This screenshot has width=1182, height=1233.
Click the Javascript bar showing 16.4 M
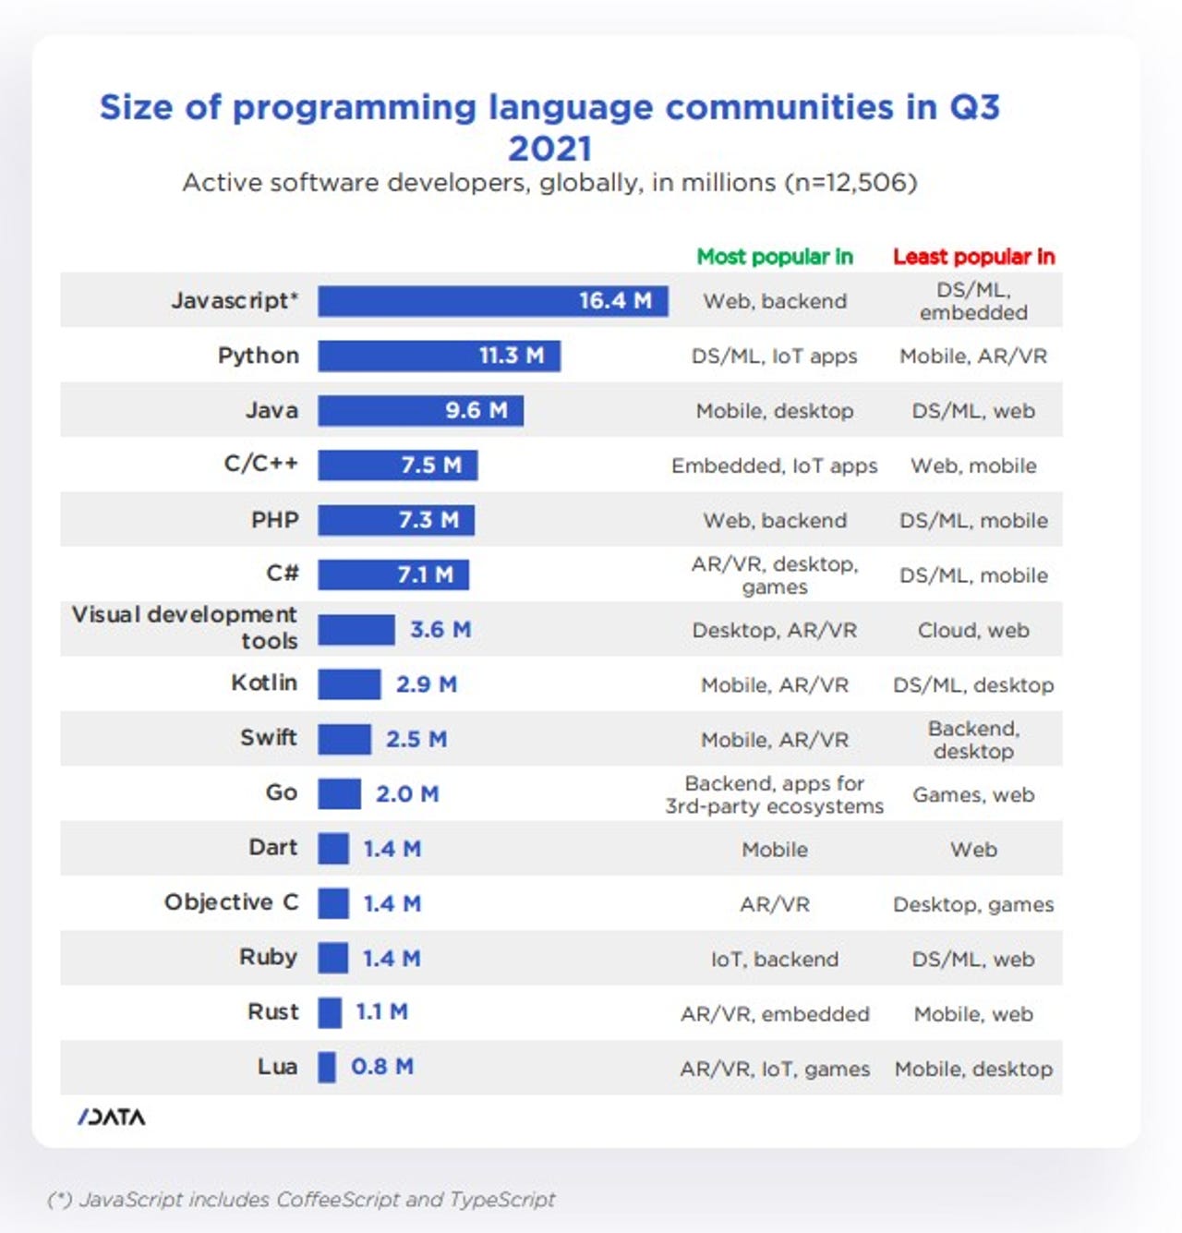click(x=492, y=301)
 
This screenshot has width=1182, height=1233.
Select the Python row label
click(x=259, y=356)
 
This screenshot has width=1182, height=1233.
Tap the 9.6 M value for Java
click(x=476, y=410)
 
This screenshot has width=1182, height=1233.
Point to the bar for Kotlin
click(x=349, y=684)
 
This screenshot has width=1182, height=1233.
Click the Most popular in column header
click(x=774, y=257)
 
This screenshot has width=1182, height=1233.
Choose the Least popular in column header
click(x=973, y=257)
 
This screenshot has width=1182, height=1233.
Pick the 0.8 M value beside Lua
click(x=381, y=1067)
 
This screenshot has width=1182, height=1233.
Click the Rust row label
click(x=272, y=1012)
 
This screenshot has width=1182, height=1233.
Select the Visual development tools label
click(x=185, y=628)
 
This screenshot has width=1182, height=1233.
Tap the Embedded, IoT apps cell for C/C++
click(x=774, y=465)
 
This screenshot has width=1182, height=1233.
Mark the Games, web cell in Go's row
click(x=973, y=794)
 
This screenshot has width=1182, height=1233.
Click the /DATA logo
click(x=112, y=1118)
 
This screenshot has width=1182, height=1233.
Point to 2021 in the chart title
click(x=549, y=149)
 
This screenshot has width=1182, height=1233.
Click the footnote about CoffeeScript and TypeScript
click(x=301, y=1200)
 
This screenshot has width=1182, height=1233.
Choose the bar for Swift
click(x=344, y=739)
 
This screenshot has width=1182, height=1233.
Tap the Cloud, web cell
click(x=973, y=630)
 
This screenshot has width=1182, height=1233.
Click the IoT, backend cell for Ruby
click(x=774, y=960)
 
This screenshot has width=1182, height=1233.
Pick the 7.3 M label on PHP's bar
click(x=428, y=520)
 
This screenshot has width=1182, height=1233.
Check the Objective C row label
click(x=231, y=902)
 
